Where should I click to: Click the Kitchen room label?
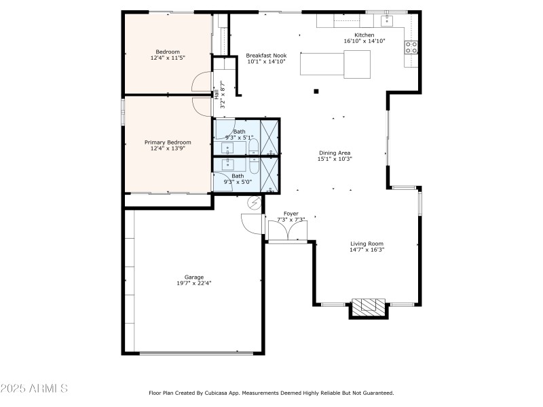[364, 35]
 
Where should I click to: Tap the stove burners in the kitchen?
[411, 47]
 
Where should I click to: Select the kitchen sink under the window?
[387, 20]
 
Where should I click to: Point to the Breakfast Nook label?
[266, 55]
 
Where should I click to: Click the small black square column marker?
[316, 92]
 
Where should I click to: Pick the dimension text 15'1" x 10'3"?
[335, 159]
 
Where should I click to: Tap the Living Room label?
[367, 244]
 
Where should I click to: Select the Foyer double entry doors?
[288, 231]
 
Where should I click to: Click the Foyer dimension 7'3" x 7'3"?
[291, 220]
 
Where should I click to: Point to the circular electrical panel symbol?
[255, 202]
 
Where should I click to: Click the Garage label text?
[194, 277]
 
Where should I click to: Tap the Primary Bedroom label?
[168, 142]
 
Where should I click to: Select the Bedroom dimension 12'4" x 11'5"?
[168, 58]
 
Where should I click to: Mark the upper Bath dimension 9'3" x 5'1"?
[239, 138]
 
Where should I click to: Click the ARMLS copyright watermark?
[34, 389]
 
